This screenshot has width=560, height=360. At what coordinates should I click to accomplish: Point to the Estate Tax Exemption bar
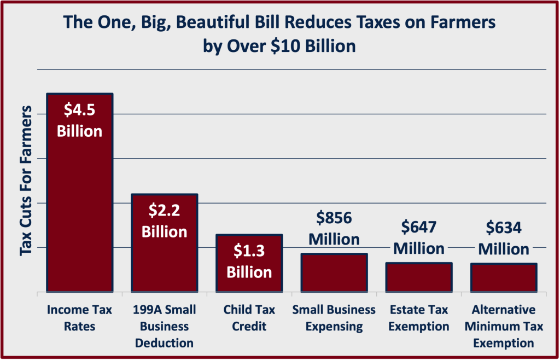(x=419, y=277)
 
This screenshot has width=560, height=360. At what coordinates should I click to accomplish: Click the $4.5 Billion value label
(x=80, y=120)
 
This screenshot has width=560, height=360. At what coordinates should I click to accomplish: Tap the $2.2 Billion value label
(x=165, y=220)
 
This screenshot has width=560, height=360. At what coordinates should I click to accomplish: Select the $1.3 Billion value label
(x=249, y=261)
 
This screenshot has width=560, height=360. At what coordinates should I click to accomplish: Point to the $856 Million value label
(x=334, y=229)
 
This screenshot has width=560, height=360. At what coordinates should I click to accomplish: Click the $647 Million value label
(x=419, y=237)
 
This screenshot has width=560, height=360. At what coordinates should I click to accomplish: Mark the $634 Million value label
(x=504, y=238)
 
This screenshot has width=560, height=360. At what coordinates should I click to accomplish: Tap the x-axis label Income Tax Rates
(x=79, y=318)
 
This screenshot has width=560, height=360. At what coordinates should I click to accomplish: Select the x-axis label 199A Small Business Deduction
(x=164, y=327)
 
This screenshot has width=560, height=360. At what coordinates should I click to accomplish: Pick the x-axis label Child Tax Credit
(x=249, y=318)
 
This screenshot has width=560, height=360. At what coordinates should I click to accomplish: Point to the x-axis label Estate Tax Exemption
(x=419, y=318)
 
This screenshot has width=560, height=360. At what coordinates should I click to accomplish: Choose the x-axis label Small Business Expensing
(x=334, y=318)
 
